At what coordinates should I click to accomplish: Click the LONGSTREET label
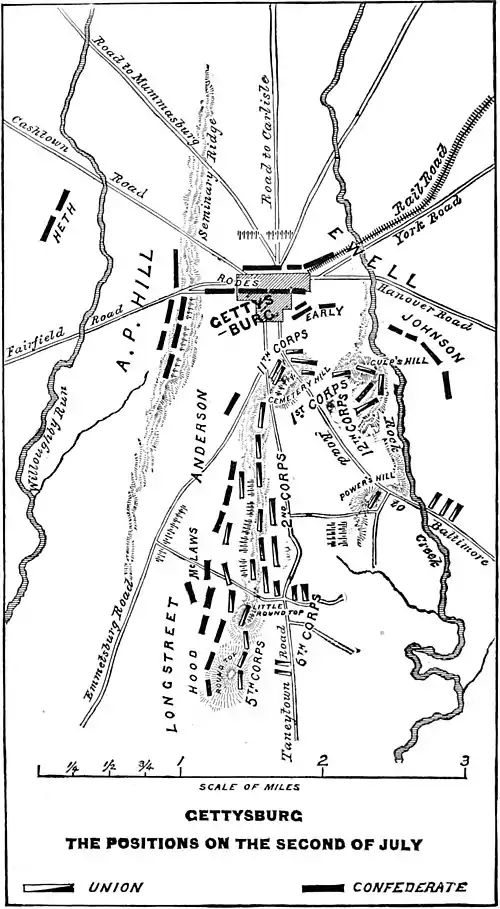171,664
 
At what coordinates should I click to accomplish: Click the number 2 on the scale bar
322,761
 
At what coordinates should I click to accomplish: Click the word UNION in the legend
115,887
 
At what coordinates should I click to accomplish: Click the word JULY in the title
397,844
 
